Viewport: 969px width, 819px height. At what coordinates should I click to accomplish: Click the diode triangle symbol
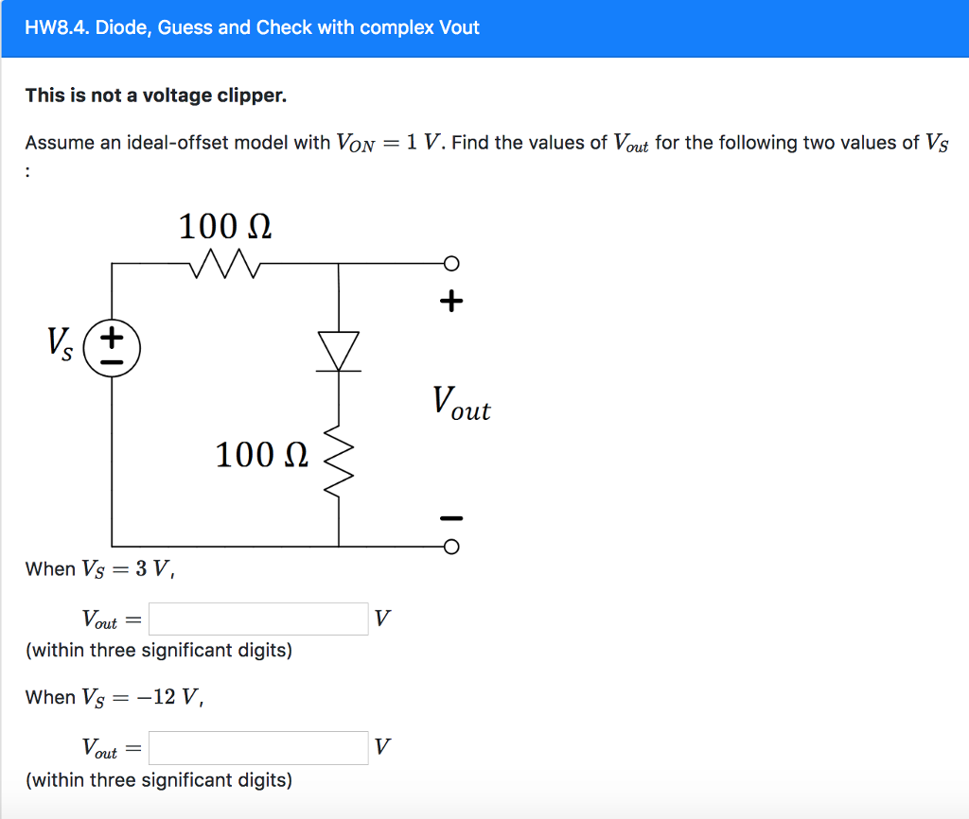click(x=339, y=351)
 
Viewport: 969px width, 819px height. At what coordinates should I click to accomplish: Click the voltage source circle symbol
click(x=112, y=348)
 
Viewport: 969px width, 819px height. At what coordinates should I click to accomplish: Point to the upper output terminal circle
click(x=451, y=263)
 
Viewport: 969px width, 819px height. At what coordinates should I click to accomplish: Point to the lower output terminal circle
click(x=451, y=547)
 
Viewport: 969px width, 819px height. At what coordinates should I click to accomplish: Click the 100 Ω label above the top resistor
click(x=225, y=227)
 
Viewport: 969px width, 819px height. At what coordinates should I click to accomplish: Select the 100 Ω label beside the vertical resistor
click(x=261, y=455)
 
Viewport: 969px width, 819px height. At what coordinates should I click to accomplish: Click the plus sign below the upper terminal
click(x=451, y=302)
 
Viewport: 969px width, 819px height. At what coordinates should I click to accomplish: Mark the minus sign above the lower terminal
click(x=451, y=517)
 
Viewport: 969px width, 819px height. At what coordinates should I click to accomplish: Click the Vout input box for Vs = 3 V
click(x=258, y=619)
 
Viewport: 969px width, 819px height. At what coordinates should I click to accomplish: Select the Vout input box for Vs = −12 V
click(x=258, y=748)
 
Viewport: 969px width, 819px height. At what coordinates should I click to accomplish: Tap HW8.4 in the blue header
click(x=60, y=27)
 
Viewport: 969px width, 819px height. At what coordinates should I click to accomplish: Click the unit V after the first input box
click(x=380, y=619)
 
